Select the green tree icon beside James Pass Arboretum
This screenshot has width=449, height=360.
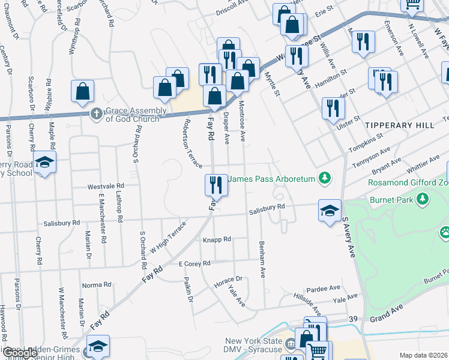click(325, 178)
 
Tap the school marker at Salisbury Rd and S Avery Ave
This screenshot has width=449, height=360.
click(330, 211)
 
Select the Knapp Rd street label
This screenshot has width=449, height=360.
click(217, 239)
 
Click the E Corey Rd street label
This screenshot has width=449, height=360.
click(194, 263)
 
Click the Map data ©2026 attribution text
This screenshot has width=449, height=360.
click(423, 355)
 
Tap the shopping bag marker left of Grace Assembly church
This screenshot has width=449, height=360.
click(83, 91)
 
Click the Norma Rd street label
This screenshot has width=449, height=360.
click(97, 284)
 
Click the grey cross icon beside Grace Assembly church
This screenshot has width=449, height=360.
click(96, 113)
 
